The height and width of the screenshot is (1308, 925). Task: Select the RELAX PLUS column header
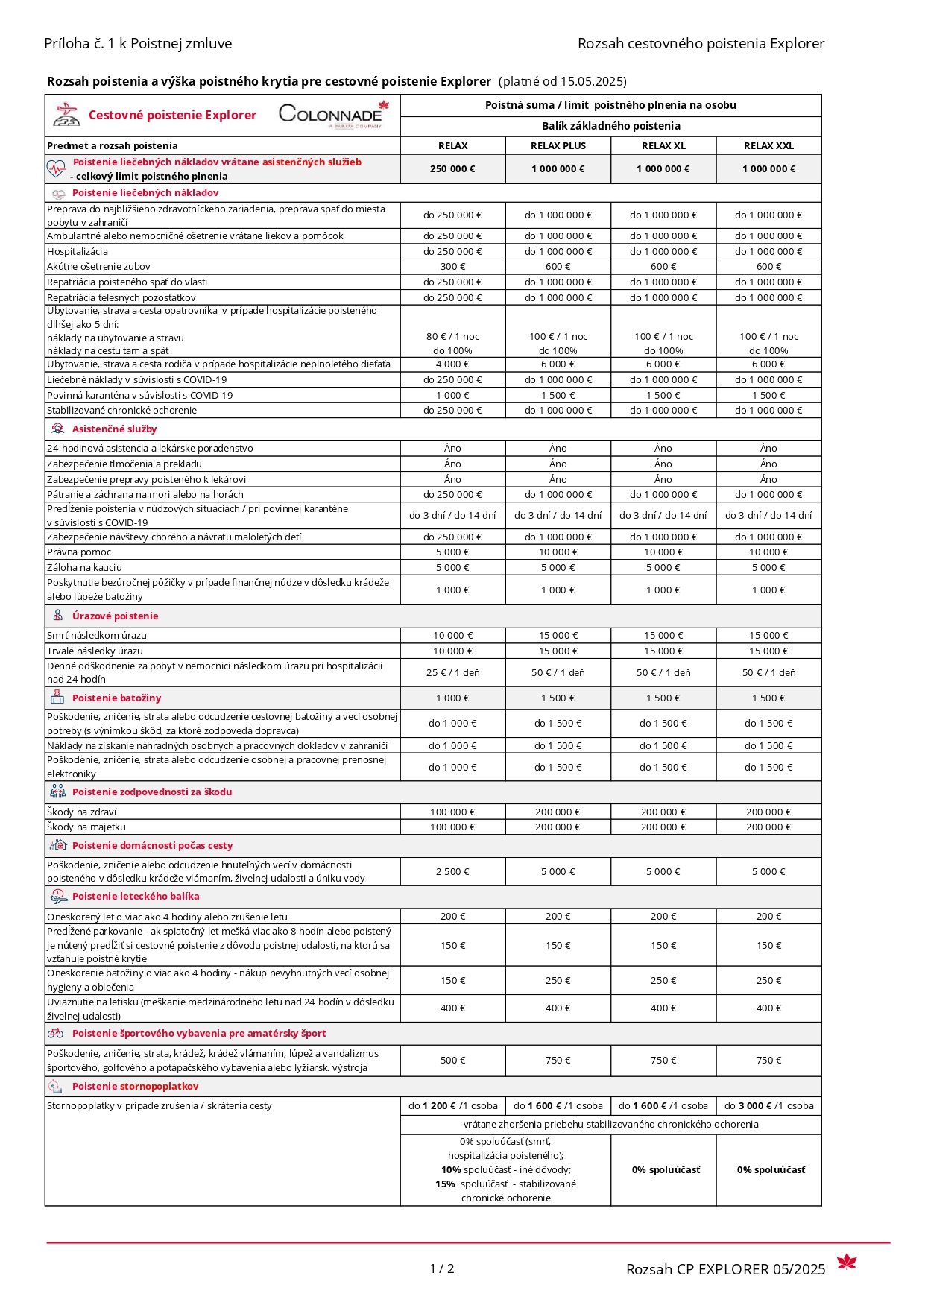coord(558,146)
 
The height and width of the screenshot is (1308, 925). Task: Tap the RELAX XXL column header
coord(768,146)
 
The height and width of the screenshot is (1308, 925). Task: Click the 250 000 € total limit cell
coord(452,169)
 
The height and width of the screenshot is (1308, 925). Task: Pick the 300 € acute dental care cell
coord(452,267)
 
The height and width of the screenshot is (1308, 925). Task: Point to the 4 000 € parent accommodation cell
coord(452,364)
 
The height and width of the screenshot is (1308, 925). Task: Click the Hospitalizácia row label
coord(78,252)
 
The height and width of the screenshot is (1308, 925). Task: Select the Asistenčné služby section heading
coord(114,429)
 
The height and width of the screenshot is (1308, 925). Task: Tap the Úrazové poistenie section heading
coord(115,616)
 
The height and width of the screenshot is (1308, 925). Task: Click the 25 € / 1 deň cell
coord(452,673)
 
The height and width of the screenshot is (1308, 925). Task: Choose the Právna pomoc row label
coord(79,552)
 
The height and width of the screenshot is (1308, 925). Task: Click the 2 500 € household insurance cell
coord(452,872)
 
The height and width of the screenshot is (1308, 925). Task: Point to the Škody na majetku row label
coord(86,827)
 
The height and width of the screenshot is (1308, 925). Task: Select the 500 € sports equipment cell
coord(452,1061)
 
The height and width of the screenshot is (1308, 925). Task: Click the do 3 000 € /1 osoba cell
coord(768,1106)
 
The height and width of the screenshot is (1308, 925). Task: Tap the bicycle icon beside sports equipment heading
coord(56,1034)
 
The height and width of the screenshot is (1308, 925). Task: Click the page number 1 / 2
coord(442,1268)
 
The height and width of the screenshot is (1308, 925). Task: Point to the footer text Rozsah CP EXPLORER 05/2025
coord(725,1270)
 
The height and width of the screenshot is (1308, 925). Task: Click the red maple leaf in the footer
coord(847,1262)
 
